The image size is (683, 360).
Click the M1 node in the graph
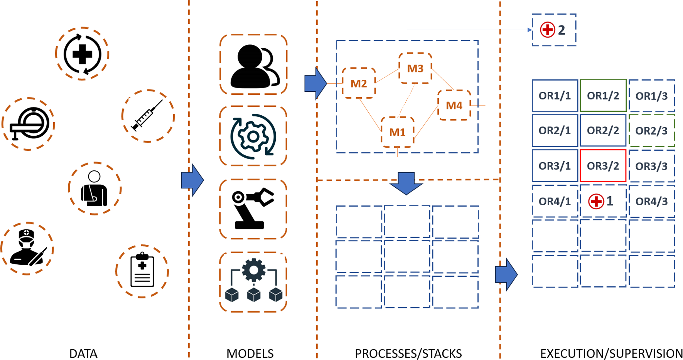click(x=398, y=132)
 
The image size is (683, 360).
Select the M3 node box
click(x=415, y=68)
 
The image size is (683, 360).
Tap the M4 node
click(x=454, y=105)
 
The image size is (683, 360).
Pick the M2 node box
click(x=359, y=83)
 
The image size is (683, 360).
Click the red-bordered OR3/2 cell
click(x=603, y=166)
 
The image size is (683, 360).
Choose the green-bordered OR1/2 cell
click(x=603, y=96)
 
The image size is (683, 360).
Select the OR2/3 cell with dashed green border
click(x=651, y=131)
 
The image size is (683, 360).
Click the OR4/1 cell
click(x=555, y=201)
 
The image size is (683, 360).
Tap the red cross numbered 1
click(x=596, y=201)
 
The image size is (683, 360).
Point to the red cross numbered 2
click(x=548, y=30)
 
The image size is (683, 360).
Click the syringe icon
click(x=148, y=115)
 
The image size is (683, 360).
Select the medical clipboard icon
click(x=142, y=271)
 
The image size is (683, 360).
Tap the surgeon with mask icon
click(x=27, y=248)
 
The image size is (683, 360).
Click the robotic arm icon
click(x=253, y=209)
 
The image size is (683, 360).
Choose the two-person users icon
click(x=253, y=65)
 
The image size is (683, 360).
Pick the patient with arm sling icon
click(x=94, y=188)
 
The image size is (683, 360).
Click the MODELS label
click(x=250, y=353)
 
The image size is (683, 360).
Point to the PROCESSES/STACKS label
click(x=408, y=353)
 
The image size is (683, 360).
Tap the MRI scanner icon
click(x=29, y=124)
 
